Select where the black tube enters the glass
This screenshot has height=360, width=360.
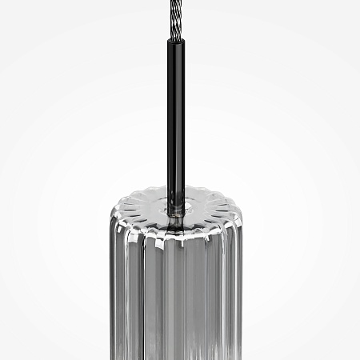[x=175, y=206]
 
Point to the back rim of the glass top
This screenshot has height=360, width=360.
[x=175, y=190]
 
